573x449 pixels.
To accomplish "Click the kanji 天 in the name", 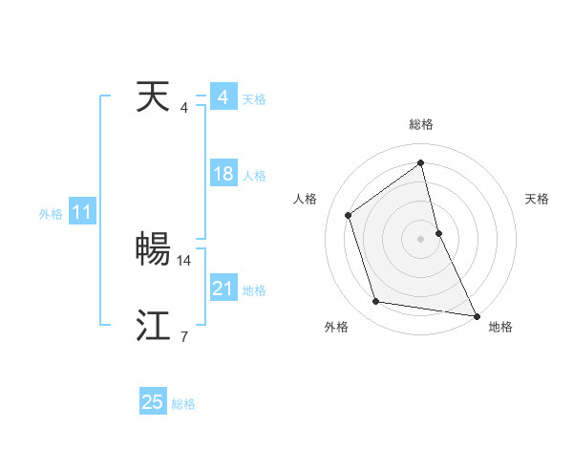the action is click(154, 97).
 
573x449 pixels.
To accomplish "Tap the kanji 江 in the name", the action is click(154, 326).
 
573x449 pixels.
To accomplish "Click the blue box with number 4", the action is click(223, 97).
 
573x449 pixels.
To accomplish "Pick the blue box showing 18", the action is click(223, 174).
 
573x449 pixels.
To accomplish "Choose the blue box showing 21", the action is click(223, 289).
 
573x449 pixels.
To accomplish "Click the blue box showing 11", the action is click(81, 213).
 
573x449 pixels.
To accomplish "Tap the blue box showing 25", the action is click(153, 402).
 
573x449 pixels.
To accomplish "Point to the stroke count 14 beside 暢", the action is click(184, 260).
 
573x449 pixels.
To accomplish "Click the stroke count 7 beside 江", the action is click(183, 336).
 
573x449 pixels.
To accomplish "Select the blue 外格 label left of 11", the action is click(51, 214).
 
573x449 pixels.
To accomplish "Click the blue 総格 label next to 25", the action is click(183, 404).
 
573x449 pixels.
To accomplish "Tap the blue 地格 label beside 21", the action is click(254, 290).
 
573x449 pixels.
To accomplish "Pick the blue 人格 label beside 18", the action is click(254, 176).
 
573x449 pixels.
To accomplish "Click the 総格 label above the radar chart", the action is click(421, 124).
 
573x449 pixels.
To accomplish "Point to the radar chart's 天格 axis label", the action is click(537, 199).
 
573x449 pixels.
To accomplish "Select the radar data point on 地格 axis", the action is click(476, 314).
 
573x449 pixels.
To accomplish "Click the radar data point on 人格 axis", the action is click(349, 215).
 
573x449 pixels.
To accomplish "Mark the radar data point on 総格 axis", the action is click(421, 162).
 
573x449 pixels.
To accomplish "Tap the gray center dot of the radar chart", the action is click(421, 238).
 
